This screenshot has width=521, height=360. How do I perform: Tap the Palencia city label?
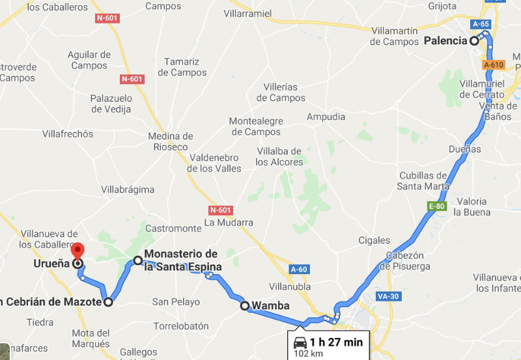445,40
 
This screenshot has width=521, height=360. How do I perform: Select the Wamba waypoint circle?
245,306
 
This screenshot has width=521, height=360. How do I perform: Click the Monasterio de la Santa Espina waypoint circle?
138,260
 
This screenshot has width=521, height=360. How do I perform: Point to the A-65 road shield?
481,24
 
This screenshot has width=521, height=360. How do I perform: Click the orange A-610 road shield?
494,65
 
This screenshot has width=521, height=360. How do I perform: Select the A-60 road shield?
299,270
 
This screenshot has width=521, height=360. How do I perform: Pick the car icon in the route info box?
300,342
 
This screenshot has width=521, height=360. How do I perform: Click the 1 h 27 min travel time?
337,342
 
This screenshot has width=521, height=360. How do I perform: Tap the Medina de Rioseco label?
171,141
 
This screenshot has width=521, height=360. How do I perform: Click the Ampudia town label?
326,117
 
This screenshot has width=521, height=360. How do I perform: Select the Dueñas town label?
465,149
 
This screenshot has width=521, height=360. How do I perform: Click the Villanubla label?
289,286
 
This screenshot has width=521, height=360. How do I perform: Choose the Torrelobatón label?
180,325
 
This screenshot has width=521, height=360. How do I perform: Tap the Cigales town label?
374,240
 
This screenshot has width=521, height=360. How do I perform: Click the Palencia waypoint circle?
475,40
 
